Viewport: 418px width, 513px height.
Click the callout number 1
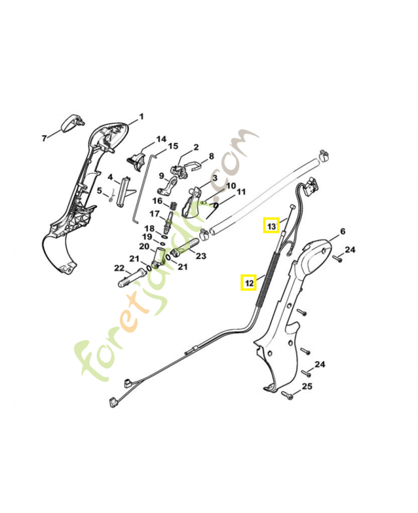coord(142,117)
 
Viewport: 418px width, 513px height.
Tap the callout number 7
coord(44,137)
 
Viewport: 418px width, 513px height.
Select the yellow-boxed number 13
coord(271,226)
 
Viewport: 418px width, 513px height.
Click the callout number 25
coord(307,387)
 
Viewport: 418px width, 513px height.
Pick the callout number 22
coord(119,268)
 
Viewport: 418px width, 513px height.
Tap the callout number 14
coord(160,139)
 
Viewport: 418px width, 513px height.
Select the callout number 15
coord(173,146)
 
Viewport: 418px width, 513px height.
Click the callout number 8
coord(211,156)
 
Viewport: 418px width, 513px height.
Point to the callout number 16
coord(156,201)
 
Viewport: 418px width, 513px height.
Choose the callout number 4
coord(110,177)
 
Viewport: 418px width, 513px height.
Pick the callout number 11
coord(241,192)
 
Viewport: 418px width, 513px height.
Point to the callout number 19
coord(147,237)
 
